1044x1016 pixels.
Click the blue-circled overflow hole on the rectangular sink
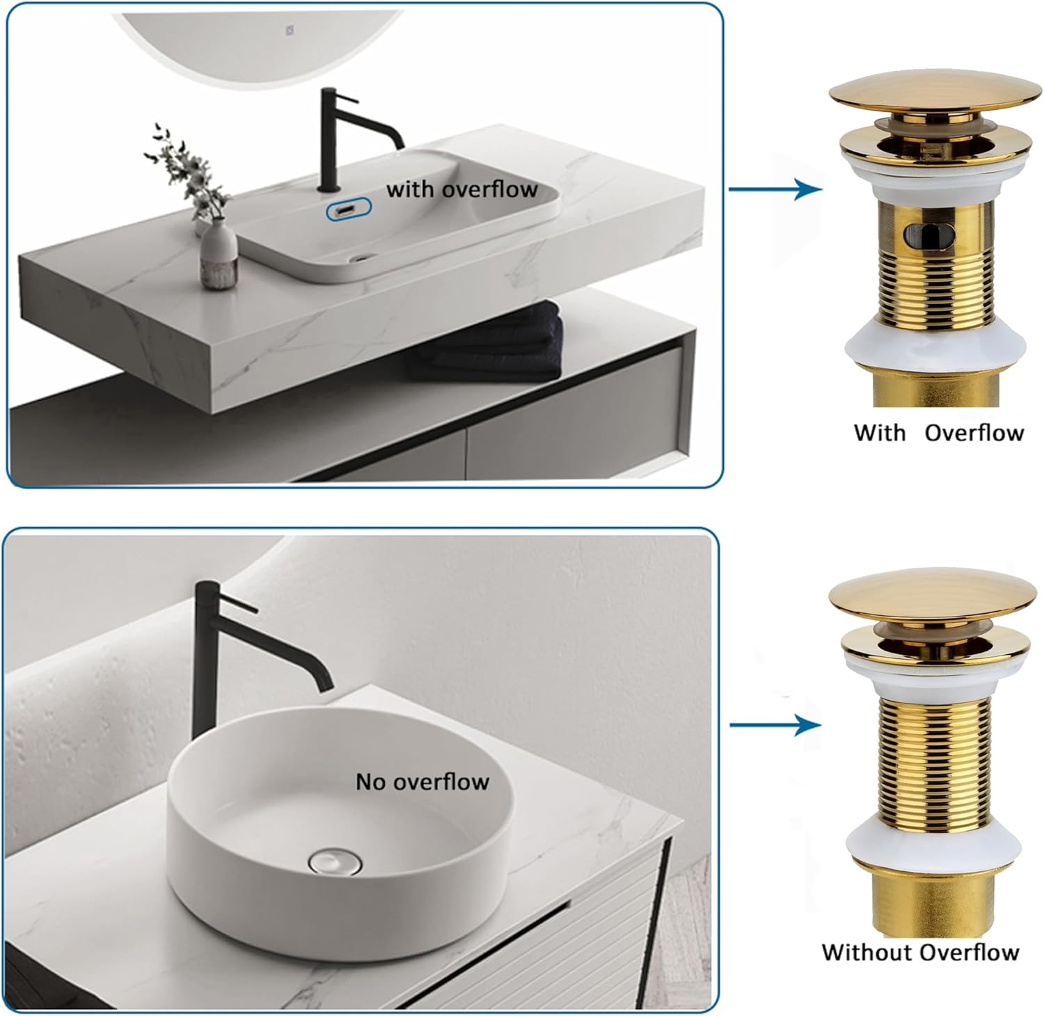[x=349, y=209]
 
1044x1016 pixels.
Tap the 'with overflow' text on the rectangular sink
[x=461, y=189]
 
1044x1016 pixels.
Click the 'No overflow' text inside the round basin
[x=422, y=781]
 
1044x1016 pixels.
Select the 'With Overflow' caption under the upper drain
[x=938, y=432]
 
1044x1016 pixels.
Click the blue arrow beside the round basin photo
[x=775, y=725]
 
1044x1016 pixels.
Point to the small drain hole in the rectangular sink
[x=360, y=257]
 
